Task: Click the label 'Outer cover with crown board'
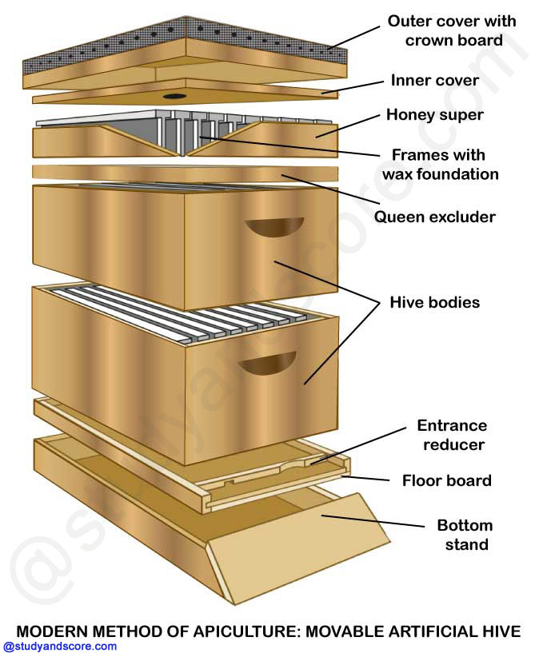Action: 452,30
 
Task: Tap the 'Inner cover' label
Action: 434,81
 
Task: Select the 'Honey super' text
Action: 435,115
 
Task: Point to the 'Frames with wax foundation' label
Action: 449,164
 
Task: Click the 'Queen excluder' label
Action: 435,217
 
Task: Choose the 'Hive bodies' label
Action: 434,302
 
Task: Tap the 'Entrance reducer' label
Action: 451,435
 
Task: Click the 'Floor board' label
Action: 446,480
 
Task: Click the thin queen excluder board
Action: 184,173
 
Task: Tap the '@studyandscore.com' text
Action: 61,647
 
